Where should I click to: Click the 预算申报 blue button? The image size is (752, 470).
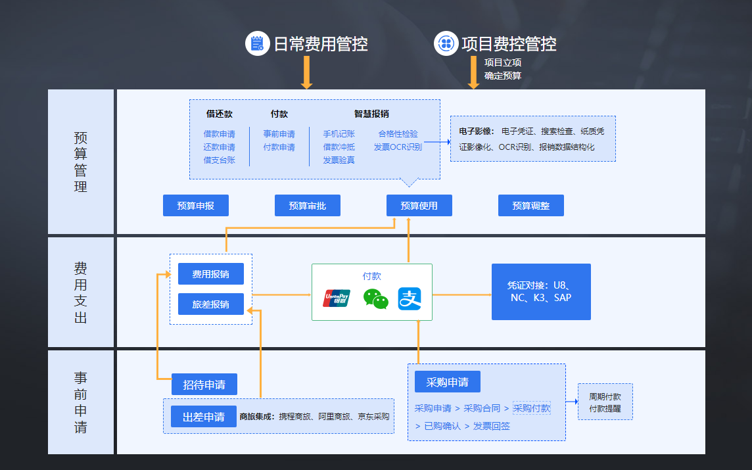[x=196, y=206]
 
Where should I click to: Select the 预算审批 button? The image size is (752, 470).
[x=308, y=206]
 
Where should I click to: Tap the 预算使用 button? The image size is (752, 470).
[x=419, y=206]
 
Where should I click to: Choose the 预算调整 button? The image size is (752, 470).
[x=531, y=206]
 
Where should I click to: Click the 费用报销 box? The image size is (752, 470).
[x=211, y=274]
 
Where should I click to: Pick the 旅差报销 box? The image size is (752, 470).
[x=211, y=304]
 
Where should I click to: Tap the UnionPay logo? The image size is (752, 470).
[x=337, y=298]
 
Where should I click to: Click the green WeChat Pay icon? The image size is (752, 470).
[x=375, y=299]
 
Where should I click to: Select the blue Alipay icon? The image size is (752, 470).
[x=409, y=299]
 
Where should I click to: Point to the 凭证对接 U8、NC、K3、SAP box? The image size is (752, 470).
[x=541, y=292]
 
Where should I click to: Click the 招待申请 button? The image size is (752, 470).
[x=204, y=385]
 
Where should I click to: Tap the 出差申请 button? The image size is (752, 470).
[x=204, y=417]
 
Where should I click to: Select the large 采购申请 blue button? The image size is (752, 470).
[x=447, y=382]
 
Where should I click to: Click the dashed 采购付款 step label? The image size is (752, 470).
[x=532, y=408]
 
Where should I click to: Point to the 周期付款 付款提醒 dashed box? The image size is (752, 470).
[x=605, y=402]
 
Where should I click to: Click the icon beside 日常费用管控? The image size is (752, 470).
[x=258, y=43]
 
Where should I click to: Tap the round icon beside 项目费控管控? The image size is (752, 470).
[x=446, y=43]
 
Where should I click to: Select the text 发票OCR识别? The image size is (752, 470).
[x=398, y=147]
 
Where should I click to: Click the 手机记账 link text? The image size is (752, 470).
[x=339, y=134]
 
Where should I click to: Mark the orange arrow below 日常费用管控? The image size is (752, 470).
[x=306, y=72]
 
